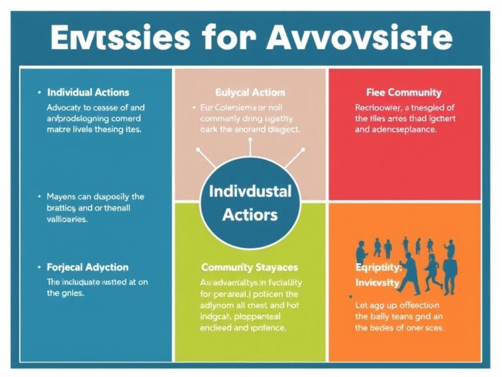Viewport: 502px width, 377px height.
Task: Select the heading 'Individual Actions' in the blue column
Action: point(88,92)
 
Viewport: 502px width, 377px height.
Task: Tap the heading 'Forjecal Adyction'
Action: point(88,267)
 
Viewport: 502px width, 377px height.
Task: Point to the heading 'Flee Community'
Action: point(404,92)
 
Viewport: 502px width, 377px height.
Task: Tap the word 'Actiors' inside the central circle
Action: point(250,214)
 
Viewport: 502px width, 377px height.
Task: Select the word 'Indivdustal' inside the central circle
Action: point(250,192)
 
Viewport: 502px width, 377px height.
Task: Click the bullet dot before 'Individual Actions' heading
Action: point(39,92)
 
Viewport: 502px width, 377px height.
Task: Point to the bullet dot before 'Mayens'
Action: point(39,196)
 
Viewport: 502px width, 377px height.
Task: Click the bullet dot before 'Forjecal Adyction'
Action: point(39,267)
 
